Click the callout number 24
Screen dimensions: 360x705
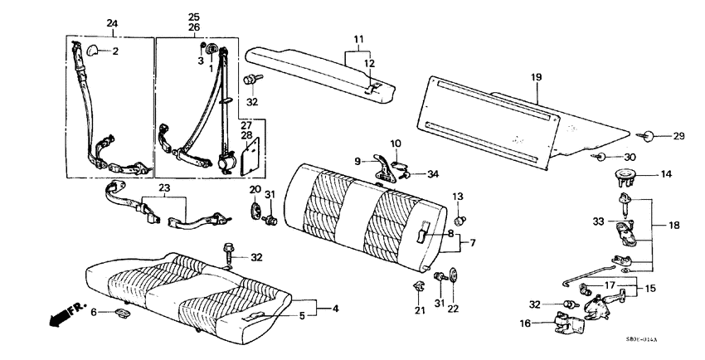(x=112, y=22)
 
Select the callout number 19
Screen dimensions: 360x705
(x=536, y=77)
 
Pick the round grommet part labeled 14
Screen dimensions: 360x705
(x=622, y=174)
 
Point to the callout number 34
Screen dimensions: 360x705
(x=432, y=174)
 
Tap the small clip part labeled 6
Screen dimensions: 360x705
(x=121, y=313)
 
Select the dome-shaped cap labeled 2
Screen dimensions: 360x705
(x=90, y=51)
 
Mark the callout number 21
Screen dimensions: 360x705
(x=420, y=310)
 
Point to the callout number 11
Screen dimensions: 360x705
(x=359, y=39)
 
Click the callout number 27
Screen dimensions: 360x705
(x=246, y=125)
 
